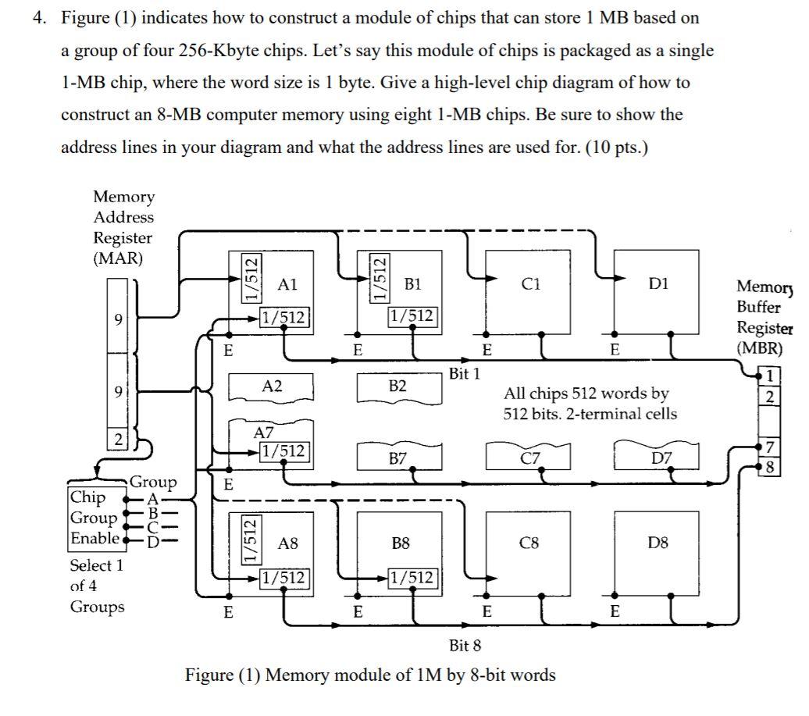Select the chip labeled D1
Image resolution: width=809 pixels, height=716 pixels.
pos(658,292)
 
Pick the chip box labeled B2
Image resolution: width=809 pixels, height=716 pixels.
pos(398,387)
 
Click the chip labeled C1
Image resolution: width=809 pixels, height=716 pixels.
pos(529,292)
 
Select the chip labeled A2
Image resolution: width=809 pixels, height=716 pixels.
pos(270,386)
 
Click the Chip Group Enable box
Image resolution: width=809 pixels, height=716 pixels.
pos(94,518)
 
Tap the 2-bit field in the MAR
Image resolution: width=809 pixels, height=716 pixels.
pos(115,439)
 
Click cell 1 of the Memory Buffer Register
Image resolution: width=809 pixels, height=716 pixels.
pos(770,376)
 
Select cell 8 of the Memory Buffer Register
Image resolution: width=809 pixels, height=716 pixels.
pos(770,468)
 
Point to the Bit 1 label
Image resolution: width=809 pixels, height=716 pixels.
pos(465,374)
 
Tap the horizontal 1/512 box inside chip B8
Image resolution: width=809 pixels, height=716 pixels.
pos(411,579)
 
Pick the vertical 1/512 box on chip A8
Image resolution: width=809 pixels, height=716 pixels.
pos(248,540)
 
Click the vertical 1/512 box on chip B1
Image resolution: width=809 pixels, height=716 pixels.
pos(377,280)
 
